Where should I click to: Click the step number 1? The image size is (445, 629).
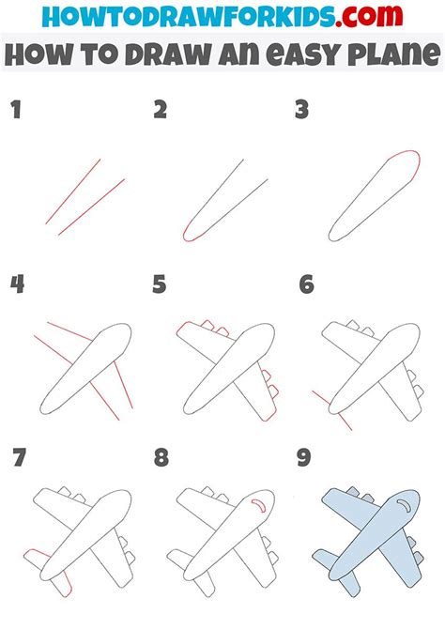point(15,111)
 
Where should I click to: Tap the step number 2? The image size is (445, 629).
point(161,111)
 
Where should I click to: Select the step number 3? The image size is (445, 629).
point(302,111)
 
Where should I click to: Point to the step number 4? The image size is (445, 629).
point(17,284)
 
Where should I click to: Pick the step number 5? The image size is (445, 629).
point(161,284)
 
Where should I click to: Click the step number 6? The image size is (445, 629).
point(305,284)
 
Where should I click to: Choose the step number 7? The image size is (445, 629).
point(17,458)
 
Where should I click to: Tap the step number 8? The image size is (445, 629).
point(161,458)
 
